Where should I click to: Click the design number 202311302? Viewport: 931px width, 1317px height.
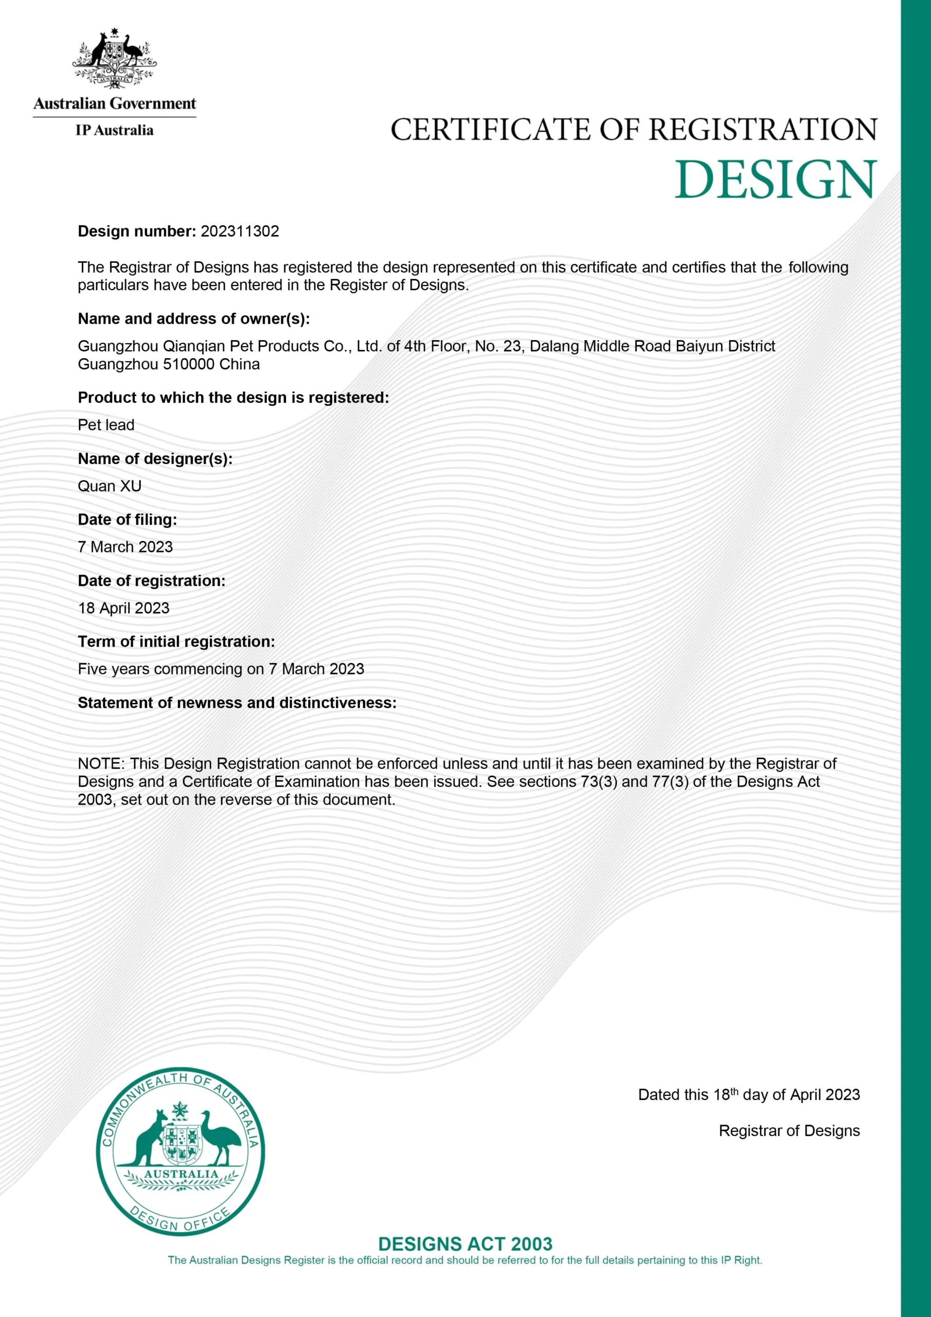pyautogui.click(x=240, y=232)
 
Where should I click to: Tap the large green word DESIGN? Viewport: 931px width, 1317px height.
pyautogui.click(x=776, y=180)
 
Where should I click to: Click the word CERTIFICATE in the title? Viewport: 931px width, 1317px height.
pyautogui.click(x=491, y=130)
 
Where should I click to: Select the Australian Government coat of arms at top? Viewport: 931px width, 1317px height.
pyautogui.click(x=114, y=59)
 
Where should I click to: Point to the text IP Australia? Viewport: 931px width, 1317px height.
pyautogui.click(x=114, y=131)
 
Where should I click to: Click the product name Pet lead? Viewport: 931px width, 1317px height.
pyautogui.click(x=106, y=425)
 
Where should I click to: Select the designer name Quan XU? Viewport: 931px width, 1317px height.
pyautogui.click(x=110, y=487)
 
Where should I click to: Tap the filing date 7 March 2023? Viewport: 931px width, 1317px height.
pyautogui.click(x=125, y=547)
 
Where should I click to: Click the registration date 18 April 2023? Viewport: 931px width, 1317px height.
pyautogui.click(x=124, y=608)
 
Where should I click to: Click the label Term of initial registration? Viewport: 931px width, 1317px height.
pyautogui.click(x=176, y=642)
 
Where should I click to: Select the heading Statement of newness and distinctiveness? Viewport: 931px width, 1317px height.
pyautogui.click(x=237, y=703)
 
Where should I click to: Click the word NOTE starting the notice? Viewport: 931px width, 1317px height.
pyautogui.click(x=100, y=764)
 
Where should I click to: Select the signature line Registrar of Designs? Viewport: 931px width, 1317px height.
pyautogui.click(x=790, y=1131)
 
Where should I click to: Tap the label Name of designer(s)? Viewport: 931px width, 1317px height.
pyautogui.click(x=155, y=459)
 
